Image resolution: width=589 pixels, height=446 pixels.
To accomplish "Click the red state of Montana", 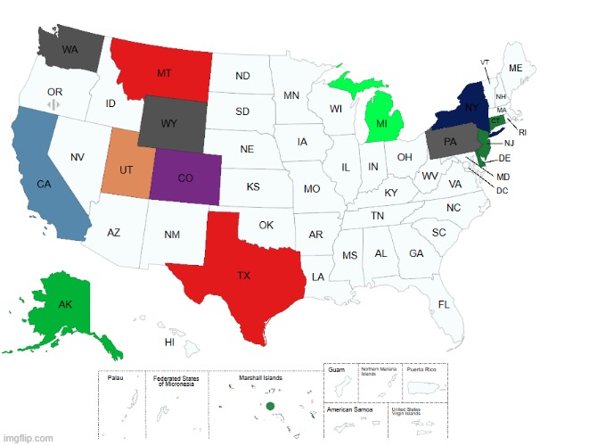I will [x=165, y=71].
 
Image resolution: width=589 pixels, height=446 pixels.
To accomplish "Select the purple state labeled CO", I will [x=185, y=178].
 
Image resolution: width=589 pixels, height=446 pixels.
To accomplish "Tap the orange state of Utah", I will [x=127, y=169].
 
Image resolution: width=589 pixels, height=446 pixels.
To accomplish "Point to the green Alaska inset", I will [x=62, y=308].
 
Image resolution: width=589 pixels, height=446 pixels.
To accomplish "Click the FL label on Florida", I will [x=444, y=304].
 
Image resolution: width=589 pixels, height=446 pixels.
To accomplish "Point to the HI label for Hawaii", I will [x=169, y=342].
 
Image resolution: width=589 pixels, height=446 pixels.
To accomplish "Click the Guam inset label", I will [x=336, y=368].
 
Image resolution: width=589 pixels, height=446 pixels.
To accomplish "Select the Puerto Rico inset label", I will [x=421, y=368].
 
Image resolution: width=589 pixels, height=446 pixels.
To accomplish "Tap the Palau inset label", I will [x=115, y=378].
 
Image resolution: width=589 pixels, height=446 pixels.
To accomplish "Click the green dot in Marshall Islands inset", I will [x=269, y=407].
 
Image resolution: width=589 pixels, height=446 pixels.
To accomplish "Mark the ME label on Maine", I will [x=516, y=68].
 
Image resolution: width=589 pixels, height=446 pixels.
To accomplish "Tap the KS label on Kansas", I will [x=252, y=187].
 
